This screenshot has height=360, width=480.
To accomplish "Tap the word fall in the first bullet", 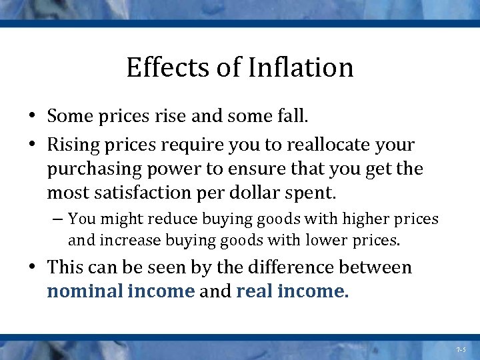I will coord(293,117).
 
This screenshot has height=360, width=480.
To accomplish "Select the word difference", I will coord(283,267).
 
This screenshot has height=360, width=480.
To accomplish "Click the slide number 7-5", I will coord(461,349).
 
